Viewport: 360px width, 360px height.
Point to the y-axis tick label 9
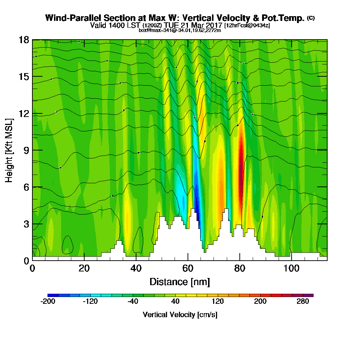[26, 150]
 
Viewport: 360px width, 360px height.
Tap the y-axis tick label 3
[26, 224]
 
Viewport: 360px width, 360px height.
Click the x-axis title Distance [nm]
[180, 282]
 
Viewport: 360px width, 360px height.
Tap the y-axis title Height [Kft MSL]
[9, 150]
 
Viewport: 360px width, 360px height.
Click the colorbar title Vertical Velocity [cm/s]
[180, 315]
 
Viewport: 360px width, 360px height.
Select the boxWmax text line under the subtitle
[180, 30]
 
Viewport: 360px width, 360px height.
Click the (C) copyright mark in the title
[311, 18]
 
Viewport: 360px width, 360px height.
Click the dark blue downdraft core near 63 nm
[197, 194]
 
